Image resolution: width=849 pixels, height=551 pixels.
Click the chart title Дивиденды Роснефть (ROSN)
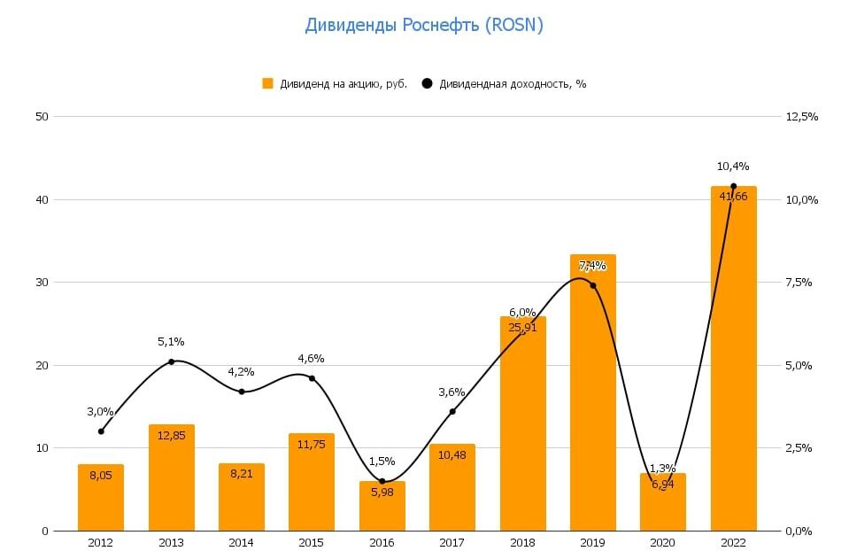(424, 26)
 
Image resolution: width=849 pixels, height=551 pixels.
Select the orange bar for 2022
(734, 372)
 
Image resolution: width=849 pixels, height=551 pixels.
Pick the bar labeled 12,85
(172, 478)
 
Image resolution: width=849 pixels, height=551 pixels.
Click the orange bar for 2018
(523, 425)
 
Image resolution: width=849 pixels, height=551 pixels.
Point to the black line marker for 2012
(101, 431)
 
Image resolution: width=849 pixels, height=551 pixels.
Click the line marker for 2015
(312, 378)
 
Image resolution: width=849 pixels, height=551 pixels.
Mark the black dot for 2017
(452, 411)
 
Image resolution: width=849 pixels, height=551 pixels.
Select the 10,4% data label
(733, 166)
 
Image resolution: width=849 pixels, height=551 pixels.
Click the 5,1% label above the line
(171, 341)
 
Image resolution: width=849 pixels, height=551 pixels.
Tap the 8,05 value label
(101, 475)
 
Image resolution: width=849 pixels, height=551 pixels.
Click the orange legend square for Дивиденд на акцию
(267, 83)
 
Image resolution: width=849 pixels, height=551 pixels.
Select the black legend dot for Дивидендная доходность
(428, 83)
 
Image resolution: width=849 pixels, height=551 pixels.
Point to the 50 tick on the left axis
(42, 116)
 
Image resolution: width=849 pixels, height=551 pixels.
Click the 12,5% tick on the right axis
(801, 116)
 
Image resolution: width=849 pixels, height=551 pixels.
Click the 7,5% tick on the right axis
(799, 283)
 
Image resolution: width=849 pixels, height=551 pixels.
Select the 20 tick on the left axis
(42, 365)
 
